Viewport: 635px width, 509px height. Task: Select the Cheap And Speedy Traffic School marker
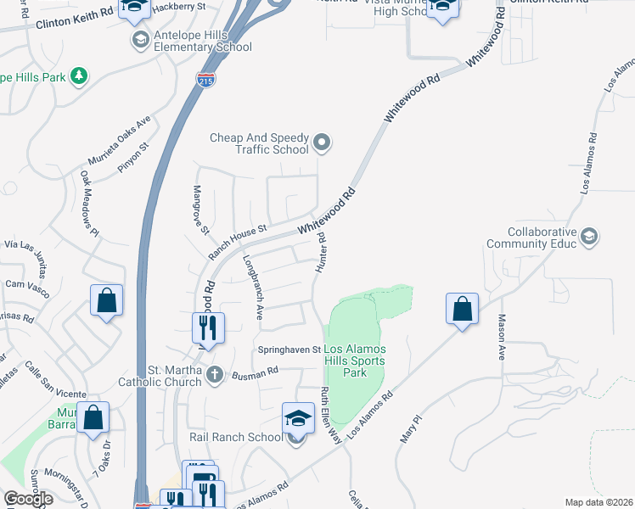322,143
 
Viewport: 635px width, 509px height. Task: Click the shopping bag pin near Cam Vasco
107,300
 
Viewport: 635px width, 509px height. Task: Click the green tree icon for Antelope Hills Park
79,76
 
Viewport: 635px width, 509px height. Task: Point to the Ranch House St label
239,242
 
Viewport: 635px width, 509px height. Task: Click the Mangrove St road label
200,209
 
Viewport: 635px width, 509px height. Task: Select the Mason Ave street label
502,337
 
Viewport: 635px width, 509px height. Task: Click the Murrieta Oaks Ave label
119,141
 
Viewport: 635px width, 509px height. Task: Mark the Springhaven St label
288,350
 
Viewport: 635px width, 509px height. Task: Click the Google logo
27,498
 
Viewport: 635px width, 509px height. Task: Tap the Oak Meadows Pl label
90,204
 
